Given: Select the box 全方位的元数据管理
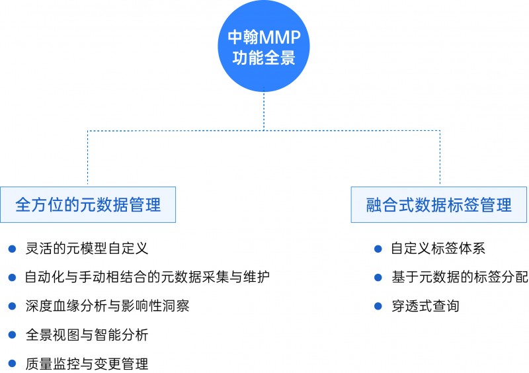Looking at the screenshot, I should [88, 204].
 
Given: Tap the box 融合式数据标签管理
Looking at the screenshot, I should [439, 204].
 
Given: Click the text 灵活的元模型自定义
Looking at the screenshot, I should [87, 249].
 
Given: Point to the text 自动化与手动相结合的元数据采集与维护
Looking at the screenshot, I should [147, 277].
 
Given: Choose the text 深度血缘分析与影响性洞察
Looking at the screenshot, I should [107, 306].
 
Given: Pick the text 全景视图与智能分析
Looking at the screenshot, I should [87, 335].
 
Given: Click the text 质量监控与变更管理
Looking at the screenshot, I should [87, 363].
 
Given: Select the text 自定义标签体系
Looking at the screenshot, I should [438, 249].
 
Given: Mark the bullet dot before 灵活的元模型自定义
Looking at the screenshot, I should [12, 249].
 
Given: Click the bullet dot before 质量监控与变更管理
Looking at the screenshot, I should [12, 363].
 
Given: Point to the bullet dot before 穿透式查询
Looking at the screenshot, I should [378, 306].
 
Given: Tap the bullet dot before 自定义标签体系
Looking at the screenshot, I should [378, 249].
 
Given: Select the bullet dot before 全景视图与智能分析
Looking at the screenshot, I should [12, 335].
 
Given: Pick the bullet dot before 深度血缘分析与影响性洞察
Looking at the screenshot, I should [12, 306].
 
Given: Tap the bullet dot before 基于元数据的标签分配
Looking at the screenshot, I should [378, 277].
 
